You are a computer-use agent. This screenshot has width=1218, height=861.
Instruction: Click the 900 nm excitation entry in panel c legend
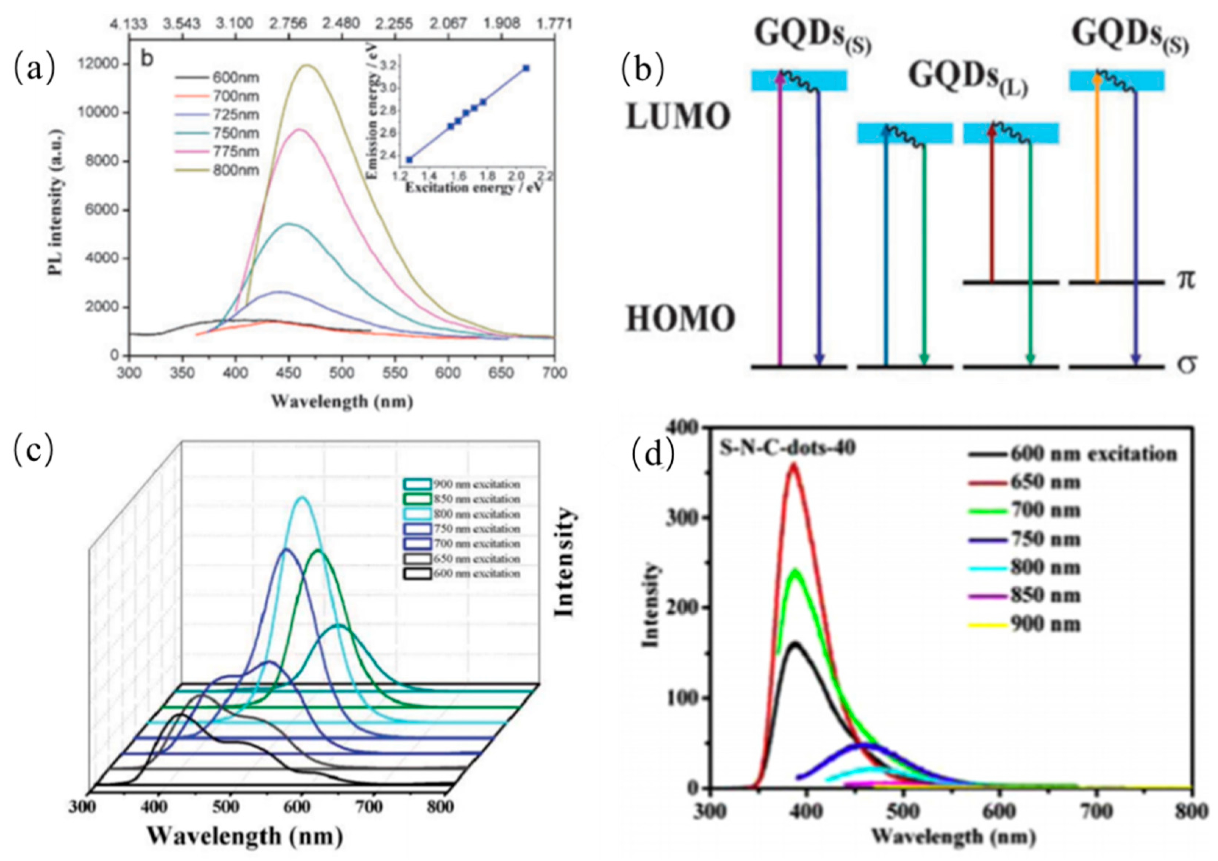tap(476, 484)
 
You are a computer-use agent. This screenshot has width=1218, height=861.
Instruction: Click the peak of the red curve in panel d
tap(793, 464)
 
